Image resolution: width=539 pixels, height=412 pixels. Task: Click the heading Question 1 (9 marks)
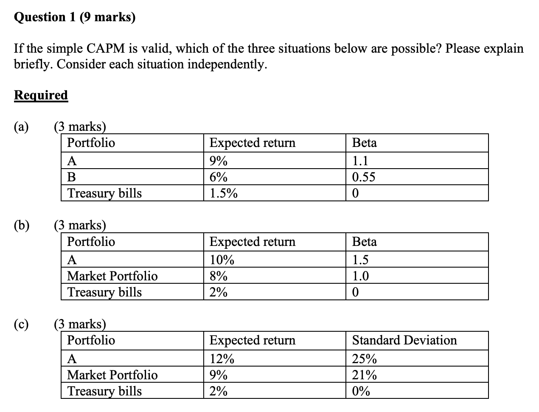tap(75, 17)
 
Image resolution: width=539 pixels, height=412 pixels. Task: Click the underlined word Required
tap(41, 95)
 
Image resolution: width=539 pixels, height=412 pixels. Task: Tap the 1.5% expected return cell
tap(224, 194)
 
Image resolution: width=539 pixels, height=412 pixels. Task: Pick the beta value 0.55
tap(364, 177)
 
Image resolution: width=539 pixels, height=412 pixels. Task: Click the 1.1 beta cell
tap(360, 161)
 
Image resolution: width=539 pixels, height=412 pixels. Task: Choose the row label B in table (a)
tap(72, 177)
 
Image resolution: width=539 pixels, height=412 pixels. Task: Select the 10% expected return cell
tap(222, 260)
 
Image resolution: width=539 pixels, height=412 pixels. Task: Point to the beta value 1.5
tap(360, 260)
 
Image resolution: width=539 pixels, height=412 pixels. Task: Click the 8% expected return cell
tap(219, 276)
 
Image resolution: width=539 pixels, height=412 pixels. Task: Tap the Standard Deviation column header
tap(404, 340)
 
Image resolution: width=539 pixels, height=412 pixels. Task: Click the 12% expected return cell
tap(222, 359)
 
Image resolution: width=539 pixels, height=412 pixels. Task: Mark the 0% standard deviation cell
tap(361, 391)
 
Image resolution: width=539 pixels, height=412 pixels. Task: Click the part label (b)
tap(22, 225)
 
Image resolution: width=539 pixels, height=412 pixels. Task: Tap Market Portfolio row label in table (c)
tap(112, 375)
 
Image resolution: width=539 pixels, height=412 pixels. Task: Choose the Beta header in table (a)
tap(365, 143)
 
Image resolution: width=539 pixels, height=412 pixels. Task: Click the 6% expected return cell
tap(219, 177)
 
